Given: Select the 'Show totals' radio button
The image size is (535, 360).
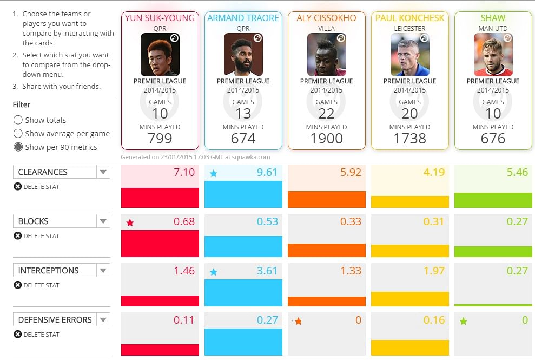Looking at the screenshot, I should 18,120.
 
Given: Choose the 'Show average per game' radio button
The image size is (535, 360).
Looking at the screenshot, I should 18,134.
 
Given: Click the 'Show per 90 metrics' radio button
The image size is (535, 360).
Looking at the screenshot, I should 18,147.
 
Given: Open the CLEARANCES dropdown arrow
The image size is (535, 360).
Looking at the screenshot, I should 103,172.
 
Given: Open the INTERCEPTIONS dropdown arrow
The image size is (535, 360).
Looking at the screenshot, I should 103,271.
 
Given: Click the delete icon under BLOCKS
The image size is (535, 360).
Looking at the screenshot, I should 18,236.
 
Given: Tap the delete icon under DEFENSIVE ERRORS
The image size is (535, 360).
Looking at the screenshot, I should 18,335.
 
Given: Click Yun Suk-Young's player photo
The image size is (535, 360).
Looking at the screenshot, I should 160,55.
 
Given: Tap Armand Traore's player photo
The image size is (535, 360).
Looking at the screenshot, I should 243,55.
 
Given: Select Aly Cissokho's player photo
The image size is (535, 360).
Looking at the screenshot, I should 326,55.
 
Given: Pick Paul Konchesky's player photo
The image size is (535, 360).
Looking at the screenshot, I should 409,55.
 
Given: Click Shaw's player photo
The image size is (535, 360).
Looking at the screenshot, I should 493,55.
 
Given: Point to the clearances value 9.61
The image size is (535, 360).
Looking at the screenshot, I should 267,173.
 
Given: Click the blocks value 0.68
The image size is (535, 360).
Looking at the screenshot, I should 184,222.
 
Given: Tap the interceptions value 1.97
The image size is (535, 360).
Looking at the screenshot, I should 434,271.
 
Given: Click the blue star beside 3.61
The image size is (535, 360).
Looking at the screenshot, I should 213,272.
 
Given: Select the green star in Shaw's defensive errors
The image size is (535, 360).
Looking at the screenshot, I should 463,321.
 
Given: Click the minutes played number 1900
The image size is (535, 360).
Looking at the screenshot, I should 326,139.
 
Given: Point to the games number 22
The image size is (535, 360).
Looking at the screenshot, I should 326,114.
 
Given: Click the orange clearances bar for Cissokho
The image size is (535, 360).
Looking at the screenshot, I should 326,199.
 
